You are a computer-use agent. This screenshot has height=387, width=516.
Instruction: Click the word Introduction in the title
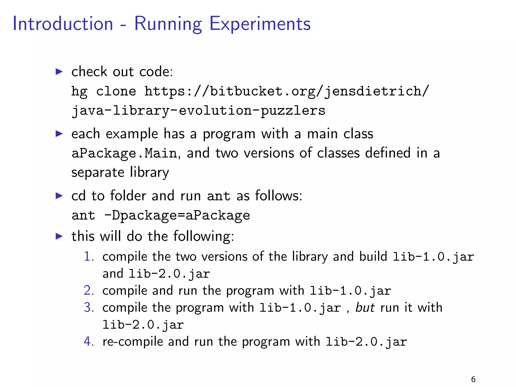63,24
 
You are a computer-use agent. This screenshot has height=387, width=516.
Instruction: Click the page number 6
473,379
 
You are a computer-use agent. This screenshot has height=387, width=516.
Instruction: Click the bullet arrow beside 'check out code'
59,72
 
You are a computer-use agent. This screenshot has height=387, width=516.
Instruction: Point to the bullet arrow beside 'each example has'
59,134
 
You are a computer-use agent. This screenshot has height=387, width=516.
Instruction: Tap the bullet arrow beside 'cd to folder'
59,196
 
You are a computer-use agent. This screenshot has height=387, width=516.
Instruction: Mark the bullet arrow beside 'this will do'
59,236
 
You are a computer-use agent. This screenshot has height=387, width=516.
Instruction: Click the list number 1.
89,257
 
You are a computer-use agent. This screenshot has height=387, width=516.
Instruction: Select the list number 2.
89,291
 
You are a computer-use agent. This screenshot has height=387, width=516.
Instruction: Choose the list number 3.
89,308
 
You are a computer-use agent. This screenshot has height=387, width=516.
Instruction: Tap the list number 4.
89,342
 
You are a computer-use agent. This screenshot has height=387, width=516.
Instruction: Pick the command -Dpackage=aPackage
177,216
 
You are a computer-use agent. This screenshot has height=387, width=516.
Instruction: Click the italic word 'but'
365,308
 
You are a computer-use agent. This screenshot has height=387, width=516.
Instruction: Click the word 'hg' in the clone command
79,91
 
